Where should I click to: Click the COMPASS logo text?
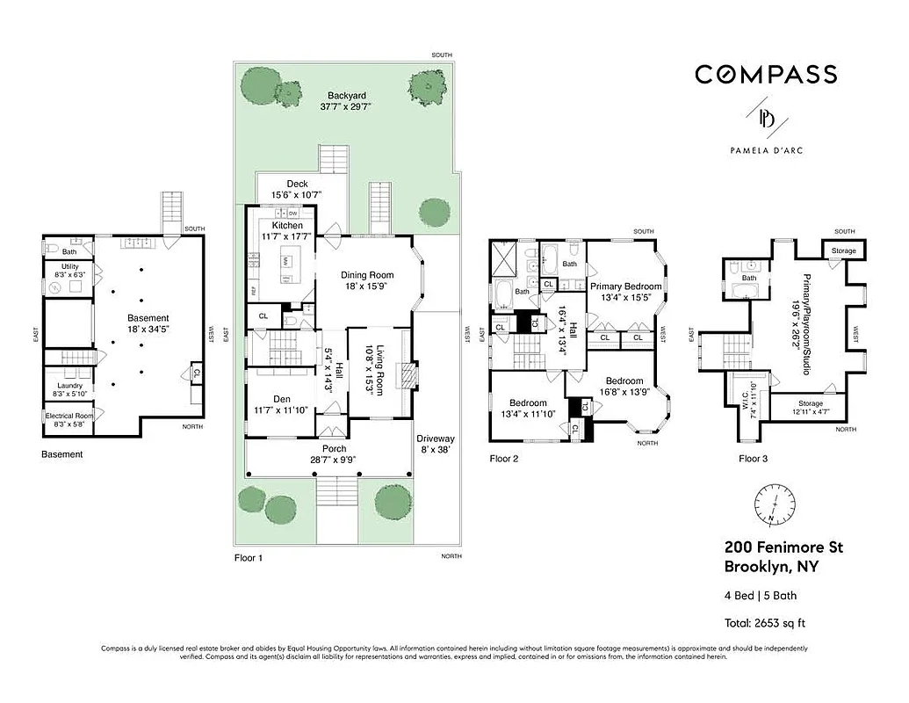[x=765, y=75]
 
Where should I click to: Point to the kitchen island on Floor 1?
[x=287, y=264]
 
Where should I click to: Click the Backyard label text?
[x=346, y=96]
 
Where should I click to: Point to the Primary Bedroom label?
[x=625, y=286]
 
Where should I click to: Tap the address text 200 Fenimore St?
[x=783, y=547]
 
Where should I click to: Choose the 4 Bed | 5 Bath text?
[x=761, y=596]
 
